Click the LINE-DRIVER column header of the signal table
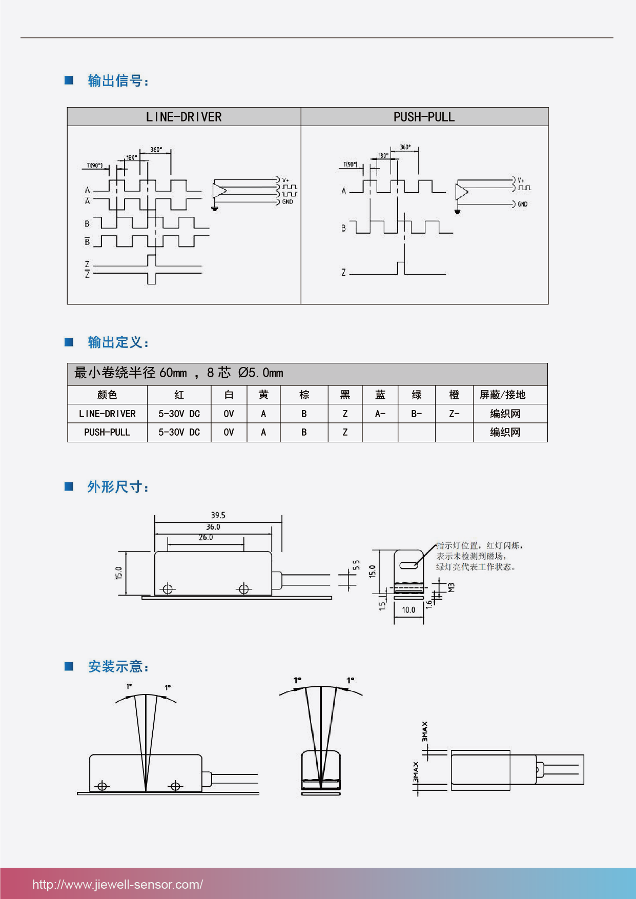[183, 117]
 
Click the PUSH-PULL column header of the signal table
[424, 117]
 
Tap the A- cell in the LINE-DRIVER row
[380, 414]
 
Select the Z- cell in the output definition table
[454, 414]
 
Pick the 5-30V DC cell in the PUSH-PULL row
[179, 432]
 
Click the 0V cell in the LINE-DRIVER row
[229, 414]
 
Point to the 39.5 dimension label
[218, 515]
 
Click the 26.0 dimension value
[206, 538]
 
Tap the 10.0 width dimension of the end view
[408, 610]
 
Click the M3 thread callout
[452, 587]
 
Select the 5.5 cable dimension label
[356, 565]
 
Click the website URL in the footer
[117, 884]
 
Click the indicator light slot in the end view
[408, 565]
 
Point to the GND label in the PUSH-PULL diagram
[522, 204]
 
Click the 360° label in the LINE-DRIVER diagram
[156, 150]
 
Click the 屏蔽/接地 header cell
[502, 395]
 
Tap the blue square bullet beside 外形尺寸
[69, 486]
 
